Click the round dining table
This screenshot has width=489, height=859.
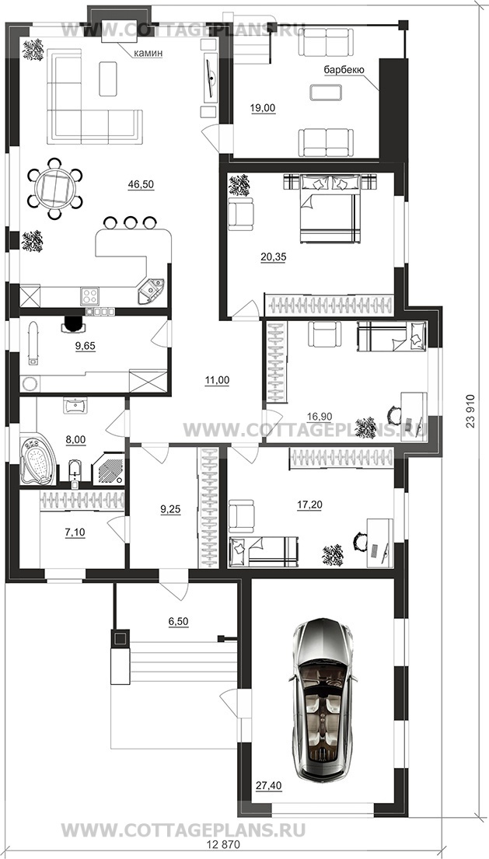point(54,188)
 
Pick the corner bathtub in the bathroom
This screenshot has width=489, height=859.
point(38,459)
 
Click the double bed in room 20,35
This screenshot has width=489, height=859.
point(330,208)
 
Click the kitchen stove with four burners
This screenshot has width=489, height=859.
point(89,296)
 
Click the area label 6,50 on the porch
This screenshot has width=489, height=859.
point(178,621)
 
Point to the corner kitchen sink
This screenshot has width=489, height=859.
point(152,292)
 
